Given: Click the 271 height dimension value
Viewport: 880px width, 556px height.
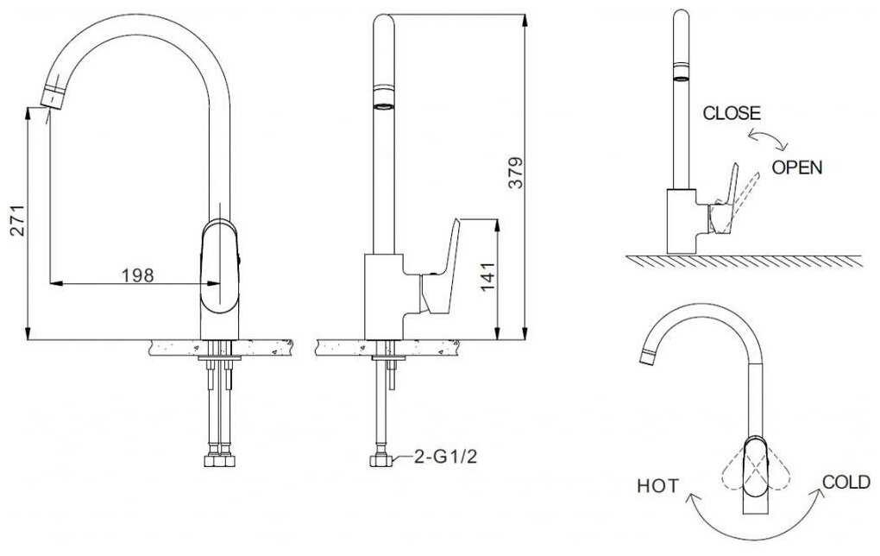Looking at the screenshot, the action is pyautogui.click(x=17, y=221).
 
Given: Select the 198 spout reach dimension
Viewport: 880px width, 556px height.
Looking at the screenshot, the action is pyautogui.click(x=137, y=275).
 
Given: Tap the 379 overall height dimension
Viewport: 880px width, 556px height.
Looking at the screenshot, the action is pyautogui.click(x=516, y=173).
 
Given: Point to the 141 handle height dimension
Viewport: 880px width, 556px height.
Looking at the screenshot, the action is pyautogui.click(x=488, y=276).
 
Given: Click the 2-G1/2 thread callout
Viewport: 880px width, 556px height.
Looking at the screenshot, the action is pyautogui.click(x=446, y=457).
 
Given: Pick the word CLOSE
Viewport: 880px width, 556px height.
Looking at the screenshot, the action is pyautogui.click(x=732, y=113).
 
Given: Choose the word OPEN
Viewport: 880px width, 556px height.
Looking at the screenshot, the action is pyautogui.click(x=797, y=167).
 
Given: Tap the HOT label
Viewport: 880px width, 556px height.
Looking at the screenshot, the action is pyautogui.click(x=657, y=486).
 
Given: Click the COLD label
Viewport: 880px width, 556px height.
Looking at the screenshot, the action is pyautogui.click(x=846, y=482).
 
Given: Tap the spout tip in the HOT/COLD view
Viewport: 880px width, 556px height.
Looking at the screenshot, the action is pyautogui.click(x=647, y=357).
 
